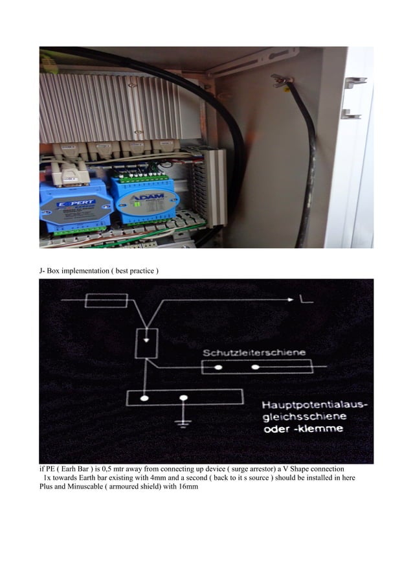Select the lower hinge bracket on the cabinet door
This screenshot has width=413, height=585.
click(350, 114)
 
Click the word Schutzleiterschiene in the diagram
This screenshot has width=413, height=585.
click(255, 352)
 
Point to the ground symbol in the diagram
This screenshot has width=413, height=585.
click(184, 423)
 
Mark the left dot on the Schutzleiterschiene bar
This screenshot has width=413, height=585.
click(218, 368)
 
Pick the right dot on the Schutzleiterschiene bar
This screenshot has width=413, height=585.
click(256, 368)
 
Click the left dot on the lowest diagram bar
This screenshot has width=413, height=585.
click(146, 397)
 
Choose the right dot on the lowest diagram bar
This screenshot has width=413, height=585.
click(184, 397)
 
